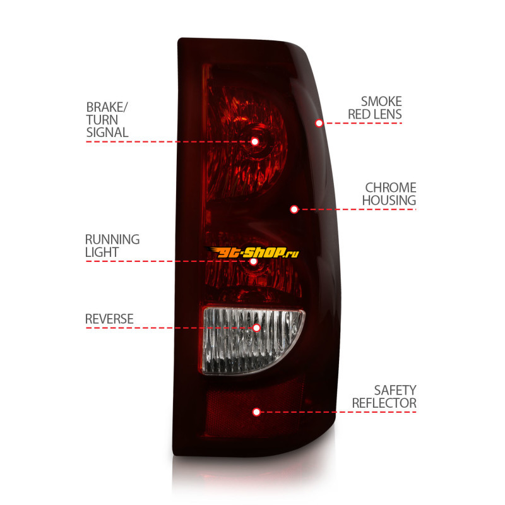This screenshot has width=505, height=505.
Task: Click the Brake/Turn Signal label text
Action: click(107, 120)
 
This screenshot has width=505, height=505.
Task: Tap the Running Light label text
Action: click(112, 246)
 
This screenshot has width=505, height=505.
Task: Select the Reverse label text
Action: click(109, 319)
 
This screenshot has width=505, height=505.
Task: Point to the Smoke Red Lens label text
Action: click(375, 108)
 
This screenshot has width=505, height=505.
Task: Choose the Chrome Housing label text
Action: click(389, 194)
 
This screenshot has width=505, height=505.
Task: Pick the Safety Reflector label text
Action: click(384, 396)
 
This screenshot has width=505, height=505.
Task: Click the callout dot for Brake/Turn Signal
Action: click(255, 141)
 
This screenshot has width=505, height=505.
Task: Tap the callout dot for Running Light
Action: click(254, 261)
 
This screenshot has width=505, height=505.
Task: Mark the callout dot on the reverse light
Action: click(257, 328)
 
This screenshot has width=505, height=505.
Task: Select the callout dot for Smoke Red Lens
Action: click(319, 123)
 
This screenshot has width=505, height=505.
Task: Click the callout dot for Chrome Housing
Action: click(294, 210)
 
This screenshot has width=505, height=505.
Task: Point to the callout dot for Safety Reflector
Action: click(257, 412)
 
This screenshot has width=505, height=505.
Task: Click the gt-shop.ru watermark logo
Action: click(253, 252)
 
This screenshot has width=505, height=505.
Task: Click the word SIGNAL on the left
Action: click(107, 133)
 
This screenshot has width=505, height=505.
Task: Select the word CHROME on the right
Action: click(391, 187)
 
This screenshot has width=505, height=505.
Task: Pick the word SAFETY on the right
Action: click(395, 390)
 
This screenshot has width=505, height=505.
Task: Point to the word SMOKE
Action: click(382, 102)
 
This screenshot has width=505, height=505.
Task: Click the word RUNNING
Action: click(112, 240)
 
